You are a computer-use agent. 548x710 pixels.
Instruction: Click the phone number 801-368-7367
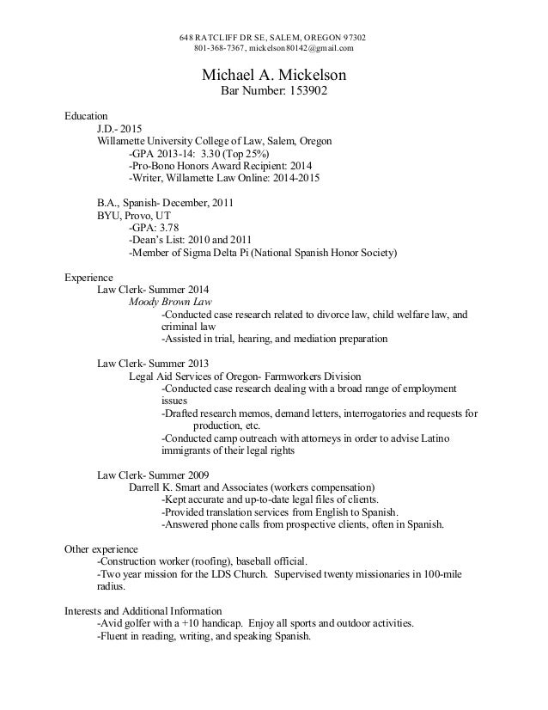[x=216, y=48]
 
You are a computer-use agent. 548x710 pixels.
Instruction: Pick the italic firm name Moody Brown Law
[x=170, y=303]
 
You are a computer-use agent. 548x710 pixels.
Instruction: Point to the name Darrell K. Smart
[x=168, y=487]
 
